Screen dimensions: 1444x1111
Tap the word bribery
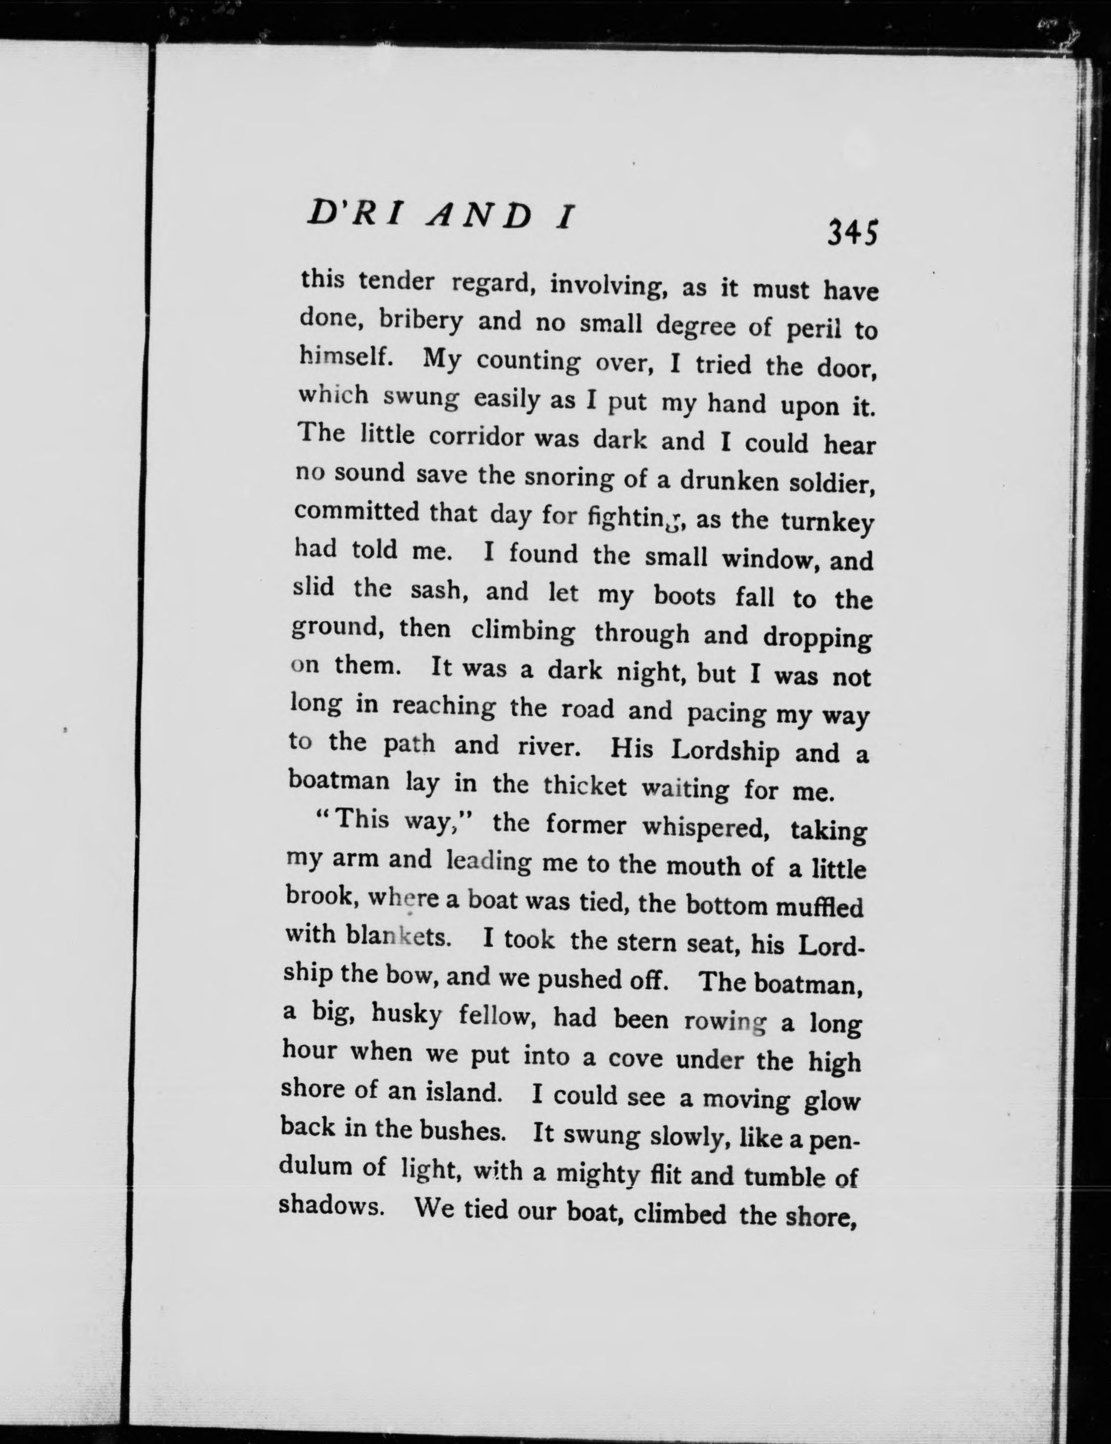point(421,321)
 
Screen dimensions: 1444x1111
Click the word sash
point(439,590)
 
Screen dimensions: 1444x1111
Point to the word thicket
point(584,785)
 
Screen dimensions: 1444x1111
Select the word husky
point(406,1014)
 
